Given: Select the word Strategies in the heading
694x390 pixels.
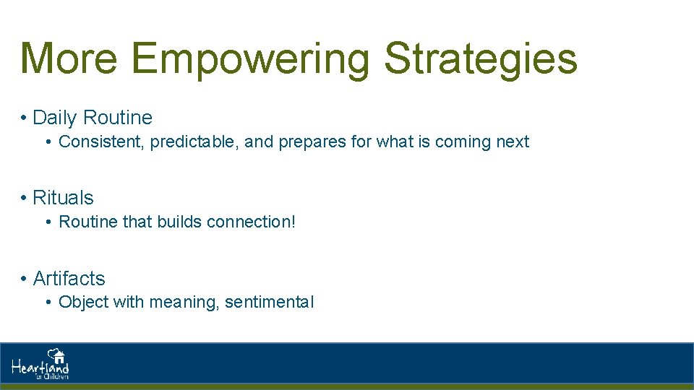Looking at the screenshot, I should click(x=481, y=59).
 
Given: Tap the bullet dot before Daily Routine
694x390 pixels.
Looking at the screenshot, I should click(x=24, y=118).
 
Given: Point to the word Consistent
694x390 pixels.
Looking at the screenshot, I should click(x=101, y=142).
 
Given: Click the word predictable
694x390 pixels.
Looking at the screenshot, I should click(x=194, y=142).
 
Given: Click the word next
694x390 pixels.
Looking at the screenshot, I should click(x=513, y=142).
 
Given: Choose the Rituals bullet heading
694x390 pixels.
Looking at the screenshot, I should click(x=63, y=198).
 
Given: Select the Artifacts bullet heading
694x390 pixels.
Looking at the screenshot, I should click(x=69, y=279).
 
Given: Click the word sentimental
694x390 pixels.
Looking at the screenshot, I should click(x=269, y=303).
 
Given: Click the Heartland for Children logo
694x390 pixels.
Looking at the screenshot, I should click(x=40, y=364).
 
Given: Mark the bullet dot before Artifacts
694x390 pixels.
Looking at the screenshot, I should click(x=24, y=279).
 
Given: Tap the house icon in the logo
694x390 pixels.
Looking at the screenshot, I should click(x=57, y=355).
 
